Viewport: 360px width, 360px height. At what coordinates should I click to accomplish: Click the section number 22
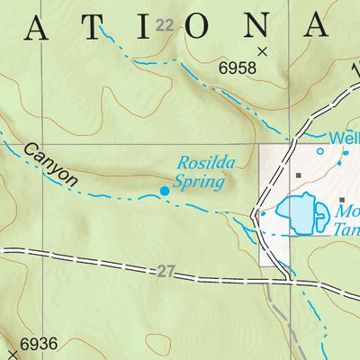pos(162,25)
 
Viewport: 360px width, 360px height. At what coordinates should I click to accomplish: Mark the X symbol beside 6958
pos(263,51)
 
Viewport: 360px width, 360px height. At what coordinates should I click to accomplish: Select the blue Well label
pos(344,139)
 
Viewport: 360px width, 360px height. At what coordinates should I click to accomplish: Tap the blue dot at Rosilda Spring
pos(165,190)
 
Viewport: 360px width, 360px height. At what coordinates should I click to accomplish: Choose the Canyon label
pos(50,164)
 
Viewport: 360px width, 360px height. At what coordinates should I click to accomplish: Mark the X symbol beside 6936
pos(12,344)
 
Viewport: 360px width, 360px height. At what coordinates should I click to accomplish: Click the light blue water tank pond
pos(299,212)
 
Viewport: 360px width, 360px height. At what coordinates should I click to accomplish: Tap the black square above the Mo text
pos(342,199)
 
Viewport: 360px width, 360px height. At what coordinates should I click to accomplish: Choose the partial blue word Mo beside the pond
pos(346,213)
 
